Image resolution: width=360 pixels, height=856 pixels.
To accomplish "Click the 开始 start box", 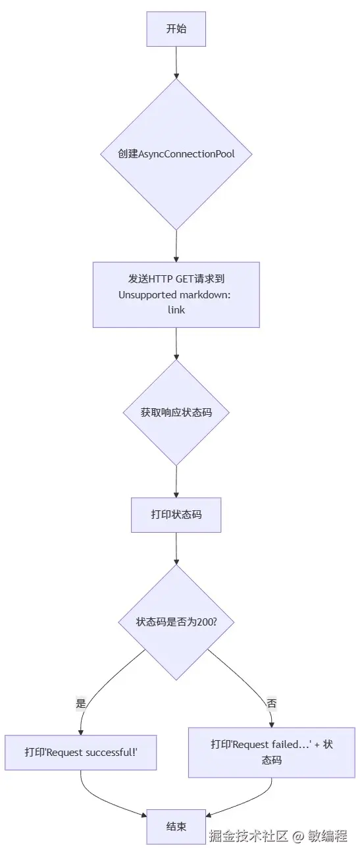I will click(176, 30).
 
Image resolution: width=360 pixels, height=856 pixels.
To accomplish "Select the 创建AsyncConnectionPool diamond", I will click(176, 154).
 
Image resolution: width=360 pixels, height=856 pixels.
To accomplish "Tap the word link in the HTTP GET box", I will click(176, 309).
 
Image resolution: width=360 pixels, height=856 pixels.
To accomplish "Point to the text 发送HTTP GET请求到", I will click(176, 279).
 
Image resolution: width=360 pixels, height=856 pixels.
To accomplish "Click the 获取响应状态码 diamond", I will click(176, 413).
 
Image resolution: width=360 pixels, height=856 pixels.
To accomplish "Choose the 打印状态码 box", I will click(176, 514).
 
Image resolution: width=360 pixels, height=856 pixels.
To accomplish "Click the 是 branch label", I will click(81, 703).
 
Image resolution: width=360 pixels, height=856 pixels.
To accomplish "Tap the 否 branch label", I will click(271, 703).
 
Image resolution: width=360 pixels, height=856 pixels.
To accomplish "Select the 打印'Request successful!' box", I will click(80, 752).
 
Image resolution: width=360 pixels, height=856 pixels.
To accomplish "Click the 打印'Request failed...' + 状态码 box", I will click(271, 752).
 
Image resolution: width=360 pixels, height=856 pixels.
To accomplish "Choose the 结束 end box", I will click(176, 826).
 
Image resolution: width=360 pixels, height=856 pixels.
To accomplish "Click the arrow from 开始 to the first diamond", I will click(176, 63).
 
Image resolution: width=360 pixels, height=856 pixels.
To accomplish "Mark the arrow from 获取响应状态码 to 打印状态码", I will click(176, 482).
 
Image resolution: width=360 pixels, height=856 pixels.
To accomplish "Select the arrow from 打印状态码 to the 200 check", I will click(176, 548).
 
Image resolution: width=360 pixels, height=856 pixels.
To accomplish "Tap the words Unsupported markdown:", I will click(174, 294).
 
